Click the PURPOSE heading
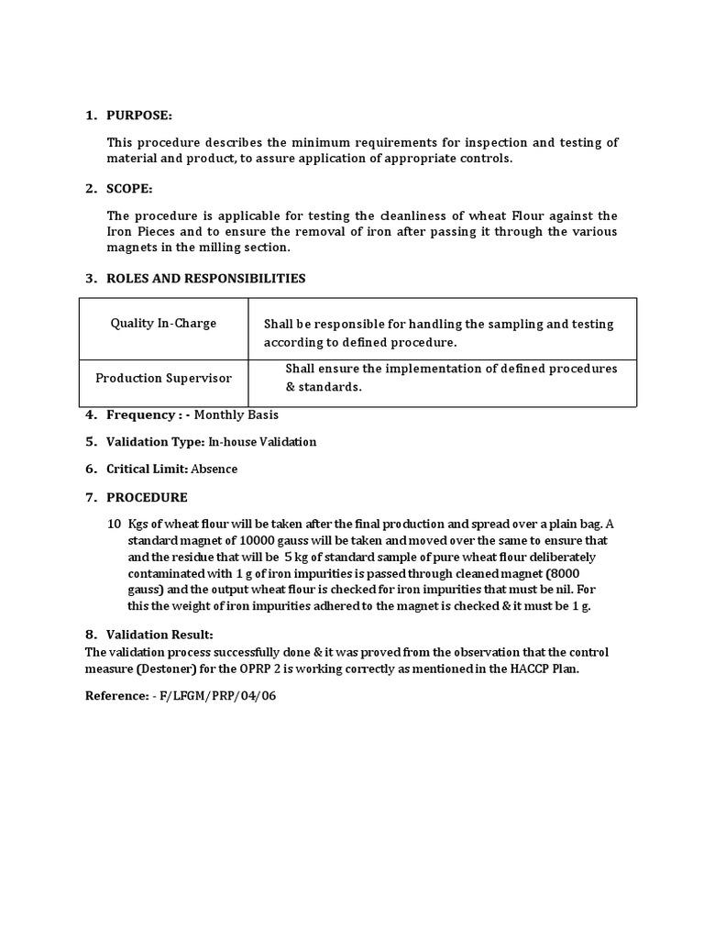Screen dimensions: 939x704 coord(138,116)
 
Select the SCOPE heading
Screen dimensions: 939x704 coord(129,188)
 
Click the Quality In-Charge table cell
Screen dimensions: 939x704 coord(163,323)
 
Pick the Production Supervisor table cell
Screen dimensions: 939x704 coord(163,378)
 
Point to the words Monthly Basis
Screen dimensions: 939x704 coord(236,414)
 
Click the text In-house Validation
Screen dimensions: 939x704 coord(262,442)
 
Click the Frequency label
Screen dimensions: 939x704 coord(141,414)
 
